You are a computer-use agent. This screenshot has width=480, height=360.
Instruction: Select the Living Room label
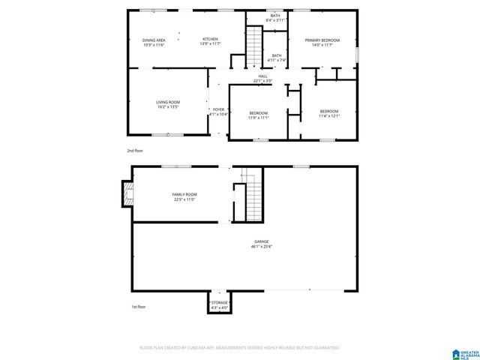pyautogui.click(x=168, y=104)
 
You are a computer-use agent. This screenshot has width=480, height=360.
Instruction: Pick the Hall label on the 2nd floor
pyautogui.click(x=262, y=78)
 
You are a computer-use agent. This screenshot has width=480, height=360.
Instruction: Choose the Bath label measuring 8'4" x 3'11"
pyautogui.click(x=276, y=17)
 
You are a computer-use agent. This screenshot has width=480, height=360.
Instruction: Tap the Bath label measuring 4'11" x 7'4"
pyautogui.click(x=277, y=58)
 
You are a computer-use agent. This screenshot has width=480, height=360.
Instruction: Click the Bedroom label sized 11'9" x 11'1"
pyautogui.click(x=258, y=115)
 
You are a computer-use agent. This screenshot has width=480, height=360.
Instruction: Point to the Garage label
pyautogui.click(x=261, y=244)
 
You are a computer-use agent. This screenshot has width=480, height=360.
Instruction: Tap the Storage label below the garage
pyautogui.click(x=219, y=305)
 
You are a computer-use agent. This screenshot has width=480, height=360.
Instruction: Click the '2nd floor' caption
pyautogui.click(x=135, y=151)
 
